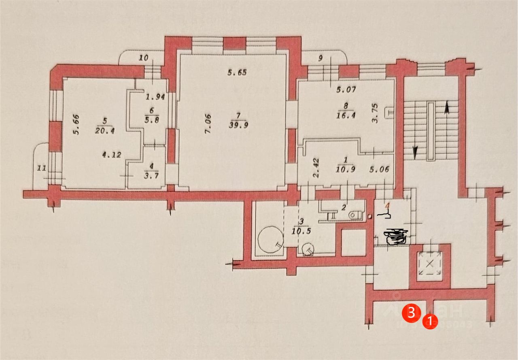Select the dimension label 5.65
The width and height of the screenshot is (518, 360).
pos(237,73)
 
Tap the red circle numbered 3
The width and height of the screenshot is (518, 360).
pos(410,313)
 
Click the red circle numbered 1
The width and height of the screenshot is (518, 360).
pos(430,322)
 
